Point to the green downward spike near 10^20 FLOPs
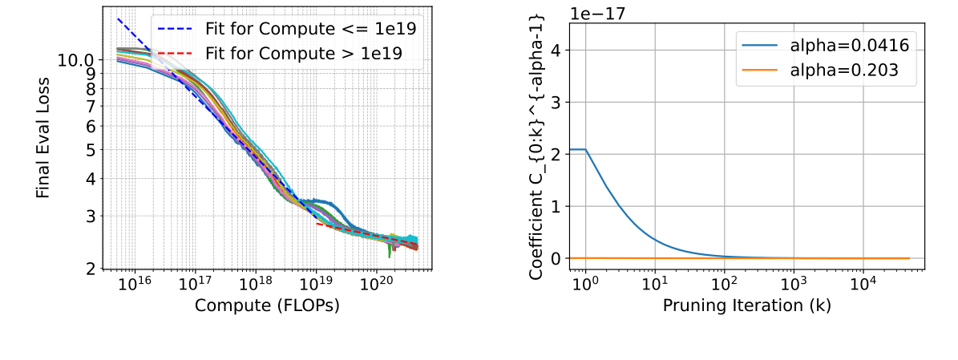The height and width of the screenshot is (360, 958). click(390, 253)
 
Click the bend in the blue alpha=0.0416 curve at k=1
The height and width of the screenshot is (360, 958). click(587, 149)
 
